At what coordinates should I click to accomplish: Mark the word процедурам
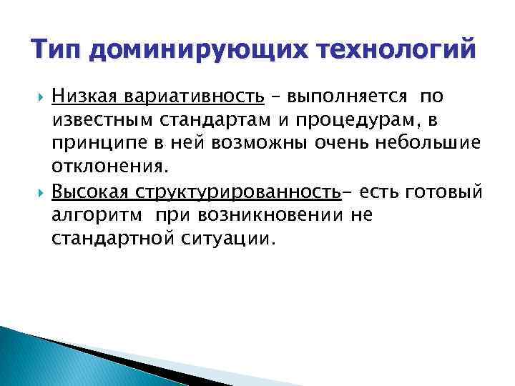coord(367,120)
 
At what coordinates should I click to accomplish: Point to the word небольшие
coord(428,144)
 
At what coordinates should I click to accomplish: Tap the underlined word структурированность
coord(235,193)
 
